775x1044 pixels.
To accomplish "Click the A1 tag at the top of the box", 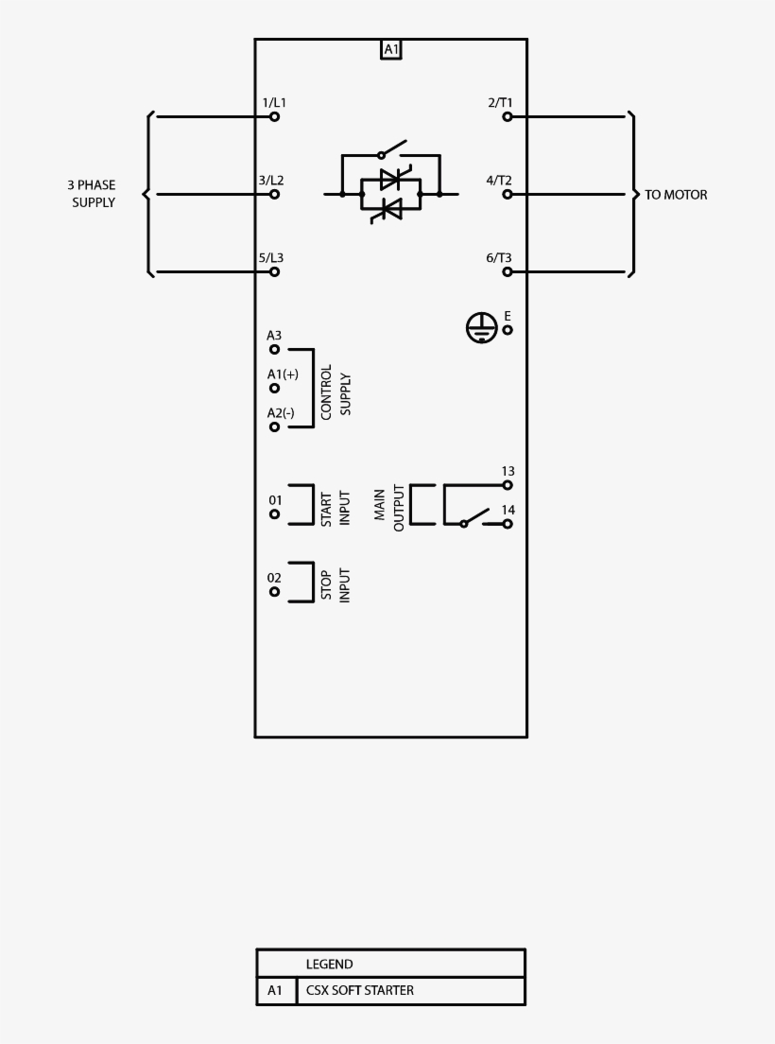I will [x=391, y=50].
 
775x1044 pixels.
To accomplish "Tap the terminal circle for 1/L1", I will [x=275, y=116].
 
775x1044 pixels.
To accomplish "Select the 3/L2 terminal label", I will [x=271, y=180].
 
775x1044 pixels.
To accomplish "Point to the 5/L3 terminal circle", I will [x=275, y=271].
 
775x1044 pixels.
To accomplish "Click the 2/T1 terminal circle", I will [x=508, y=116].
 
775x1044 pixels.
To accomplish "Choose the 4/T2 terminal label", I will [x=500, y=180].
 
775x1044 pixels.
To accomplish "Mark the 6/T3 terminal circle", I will [x=508, y=271].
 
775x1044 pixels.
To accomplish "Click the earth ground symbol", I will [x=481, y=327].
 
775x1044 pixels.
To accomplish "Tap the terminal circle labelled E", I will [x=508, y=329].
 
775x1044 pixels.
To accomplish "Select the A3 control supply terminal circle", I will [x=275, y=349].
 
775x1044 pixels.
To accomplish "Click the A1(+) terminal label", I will [x=283, y=374].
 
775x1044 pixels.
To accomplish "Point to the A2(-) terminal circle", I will [x=275, y=426].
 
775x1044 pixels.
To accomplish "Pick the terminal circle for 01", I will [x=275, y=514].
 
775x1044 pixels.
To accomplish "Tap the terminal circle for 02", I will [x=275, y=592].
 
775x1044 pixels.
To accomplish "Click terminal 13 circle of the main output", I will [x=508, y=485].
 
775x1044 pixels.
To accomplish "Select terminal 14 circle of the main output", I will [x=508, y=524].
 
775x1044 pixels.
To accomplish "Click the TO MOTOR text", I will [x=676, y=195].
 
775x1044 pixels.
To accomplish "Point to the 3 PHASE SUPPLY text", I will [x=92, y=194].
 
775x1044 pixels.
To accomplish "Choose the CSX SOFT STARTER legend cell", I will [x=359, y=991].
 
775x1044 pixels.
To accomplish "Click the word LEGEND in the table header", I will [x=329, y=965].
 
